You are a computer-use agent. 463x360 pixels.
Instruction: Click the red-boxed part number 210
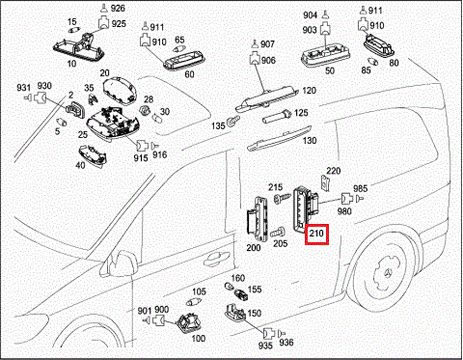coord(316,234)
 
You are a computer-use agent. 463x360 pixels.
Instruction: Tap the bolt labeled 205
coord(277,232)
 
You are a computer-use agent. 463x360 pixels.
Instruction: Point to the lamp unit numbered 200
coord(258,218)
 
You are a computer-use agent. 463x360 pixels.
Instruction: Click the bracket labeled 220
coord(326,183)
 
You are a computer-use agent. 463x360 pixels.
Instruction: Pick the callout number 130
coord(309,141)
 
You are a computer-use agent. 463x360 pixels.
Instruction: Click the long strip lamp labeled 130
coord(279,139)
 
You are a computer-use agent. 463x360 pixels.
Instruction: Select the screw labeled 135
coord(232,121)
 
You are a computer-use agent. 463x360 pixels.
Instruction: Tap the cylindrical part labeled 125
coord(277,117)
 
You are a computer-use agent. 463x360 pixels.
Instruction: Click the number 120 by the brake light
coord(309,91)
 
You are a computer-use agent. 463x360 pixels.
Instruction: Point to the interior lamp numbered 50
coord(325,57)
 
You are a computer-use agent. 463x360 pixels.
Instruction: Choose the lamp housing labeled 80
coord(379,46)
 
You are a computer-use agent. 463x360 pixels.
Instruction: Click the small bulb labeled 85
coord(374,61)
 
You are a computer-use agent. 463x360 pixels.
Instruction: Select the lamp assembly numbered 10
coord(80,47)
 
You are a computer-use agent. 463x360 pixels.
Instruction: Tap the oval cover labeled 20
coord(120,92)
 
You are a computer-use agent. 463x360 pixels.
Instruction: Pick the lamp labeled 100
coord(189,322)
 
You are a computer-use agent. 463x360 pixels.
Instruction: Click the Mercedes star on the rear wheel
coord(389,273)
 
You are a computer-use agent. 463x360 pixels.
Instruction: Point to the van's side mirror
coord(121,263)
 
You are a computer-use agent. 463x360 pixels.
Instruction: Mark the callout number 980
coord(344,211)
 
